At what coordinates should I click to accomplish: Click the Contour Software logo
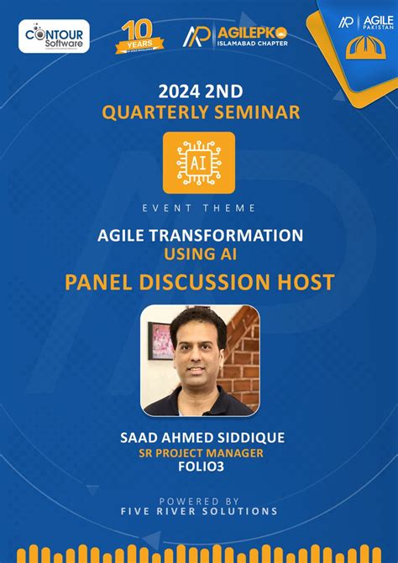tap(54, 36)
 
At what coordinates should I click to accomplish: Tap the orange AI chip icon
tap(199, 163)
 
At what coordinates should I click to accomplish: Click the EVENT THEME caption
tap(199, 208)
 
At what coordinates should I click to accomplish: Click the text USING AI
tap(199, 253)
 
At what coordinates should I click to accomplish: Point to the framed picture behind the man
tap(160, 340)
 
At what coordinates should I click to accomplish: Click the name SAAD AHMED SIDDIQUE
tap(199, 438)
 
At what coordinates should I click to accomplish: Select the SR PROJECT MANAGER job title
tap(199, 454)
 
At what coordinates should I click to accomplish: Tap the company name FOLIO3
tap(199, 469)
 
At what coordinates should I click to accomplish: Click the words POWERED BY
tap(199, 499)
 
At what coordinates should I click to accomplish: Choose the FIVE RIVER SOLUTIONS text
tap(199, 511)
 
